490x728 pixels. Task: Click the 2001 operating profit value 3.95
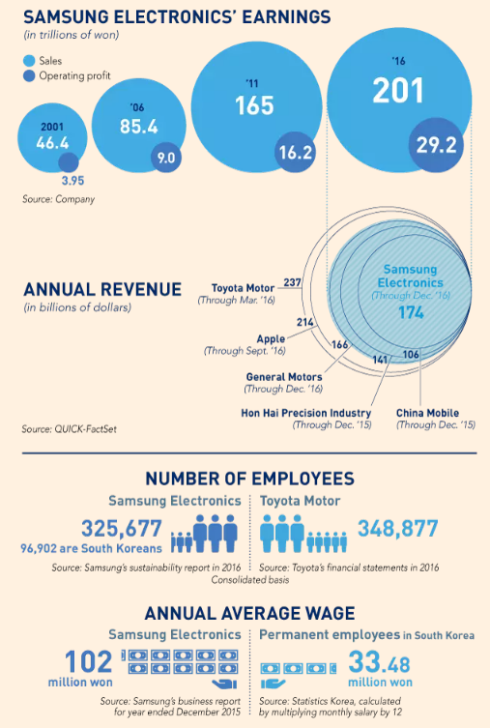point(72,181)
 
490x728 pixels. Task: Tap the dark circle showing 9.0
point(166,158)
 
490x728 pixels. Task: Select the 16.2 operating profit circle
point(295,153)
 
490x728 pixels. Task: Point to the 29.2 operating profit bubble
point(436,145)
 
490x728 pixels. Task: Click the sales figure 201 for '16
point(398,91)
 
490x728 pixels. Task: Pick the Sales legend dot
point(29,61)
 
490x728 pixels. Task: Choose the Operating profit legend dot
point(29,75)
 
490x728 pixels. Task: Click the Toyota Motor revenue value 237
point(292,282)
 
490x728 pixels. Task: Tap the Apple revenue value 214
point(304,322)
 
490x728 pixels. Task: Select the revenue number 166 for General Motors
point(339,344)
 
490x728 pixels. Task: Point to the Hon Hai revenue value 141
point(380,360)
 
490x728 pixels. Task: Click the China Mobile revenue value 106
point(411,355)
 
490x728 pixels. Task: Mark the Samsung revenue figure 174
point(411,312)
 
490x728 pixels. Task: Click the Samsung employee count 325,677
point(122,529)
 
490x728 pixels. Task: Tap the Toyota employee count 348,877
point(397,529)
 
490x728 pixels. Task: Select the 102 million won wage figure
point(88,661)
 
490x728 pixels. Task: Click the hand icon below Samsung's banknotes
point(224,684)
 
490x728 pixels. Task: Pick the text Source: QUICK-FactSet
point(70,429)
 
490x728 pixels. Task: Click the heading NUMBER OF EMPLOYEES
point(250,479)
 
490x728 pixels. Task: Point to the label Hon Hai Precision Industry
point(306,413)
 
